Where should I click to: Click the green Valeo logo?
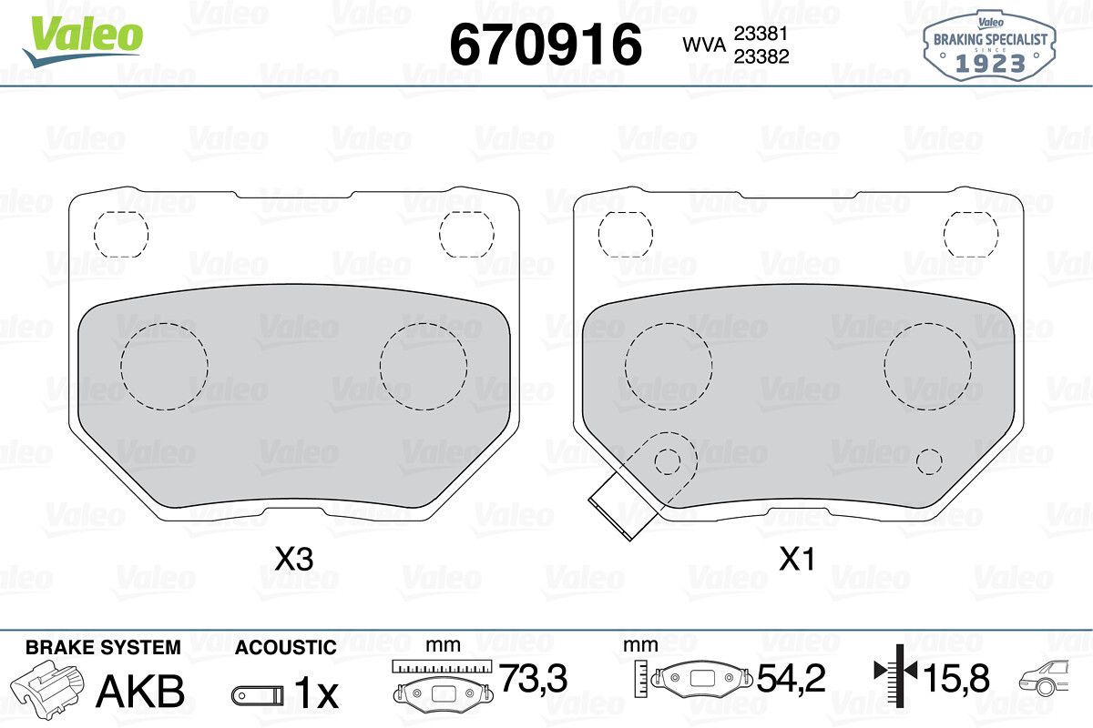[x=84, y=40]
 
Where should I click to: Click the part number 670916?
[x=546, y=45]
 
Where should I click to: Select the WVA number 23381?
[x=761, y=34]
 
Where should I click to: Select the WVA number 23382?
[x=761, y=56]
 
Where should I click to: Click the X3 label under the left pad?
[x=293, y=559]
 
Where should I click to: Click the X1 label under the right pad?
[x=797, y=559]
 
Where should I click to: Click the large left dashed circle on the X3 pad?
[x=165, y=366]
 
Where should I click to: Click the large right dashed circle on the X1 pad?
[x=927, y=366]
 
